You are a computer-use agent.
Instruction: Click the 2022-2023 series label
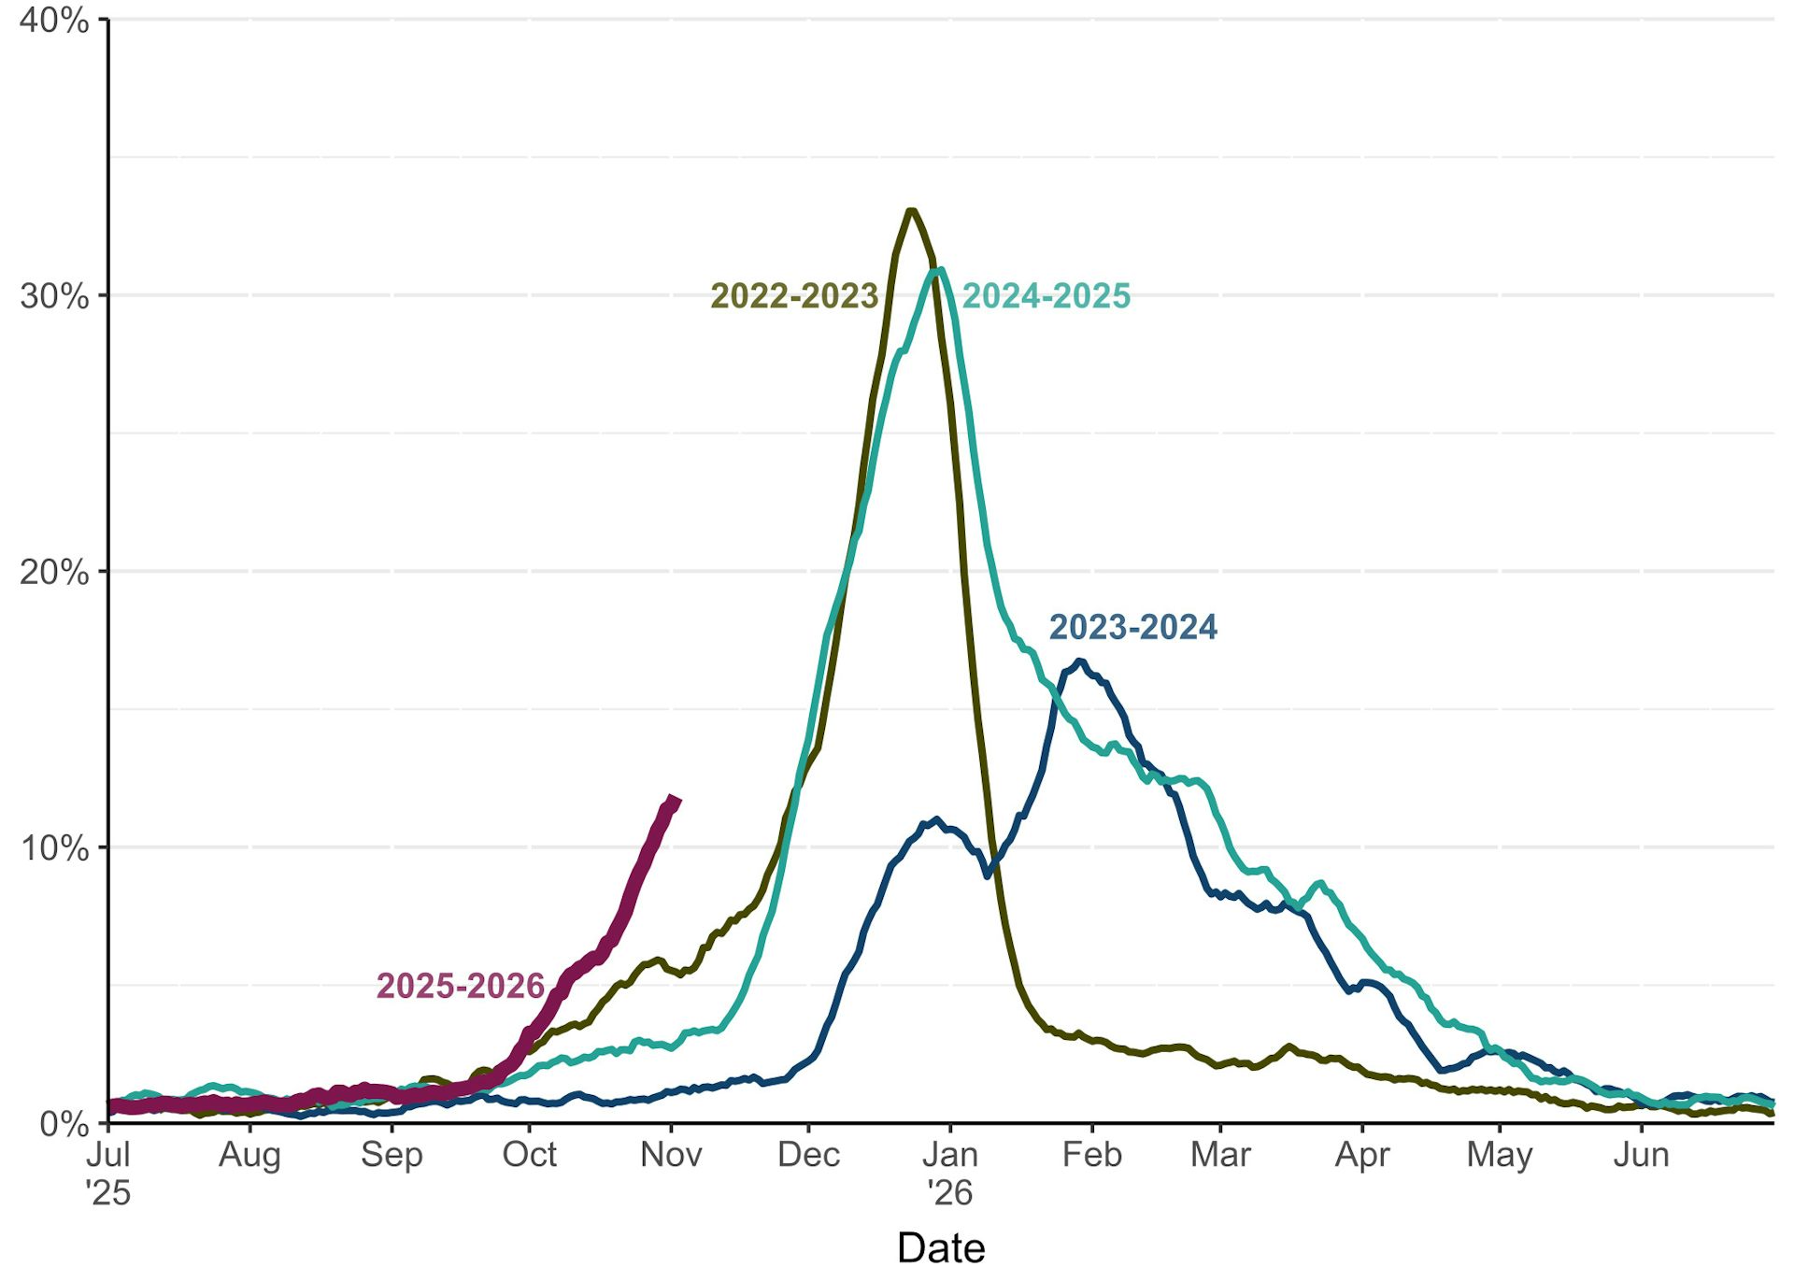[794, 296]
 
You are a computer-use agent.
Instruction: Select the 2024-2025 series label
[1046, 296]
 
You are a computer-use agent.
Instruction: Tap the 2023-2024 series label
[1132, 627]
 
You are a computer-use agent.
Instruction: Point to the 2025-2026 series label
[460, 986]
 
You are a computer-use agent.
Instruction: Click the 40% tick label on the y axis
[54, 21]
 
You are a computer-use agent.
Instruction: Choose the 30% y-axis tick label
[54, 296]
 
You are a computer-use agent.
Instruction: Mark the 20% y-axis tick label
[54, 572]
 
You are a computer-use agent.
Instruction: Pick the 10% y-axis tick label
[54, 848]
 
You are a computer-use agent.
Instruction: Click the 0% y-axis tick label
[64, 1123]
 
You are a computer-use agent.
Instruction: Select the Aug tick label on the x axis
[249, 1155]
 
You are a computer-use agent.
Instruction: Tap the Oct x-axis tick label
[529, 1155]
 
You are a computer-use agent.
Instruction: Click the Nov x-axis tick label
[671, 1155]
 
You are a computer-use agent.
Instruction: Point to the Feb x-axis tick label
[1091, 1155]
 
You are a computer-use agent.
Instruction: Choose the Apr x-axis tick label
[1362, 1155]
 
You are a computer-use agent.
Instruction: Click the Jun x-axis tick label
[1641, 1155]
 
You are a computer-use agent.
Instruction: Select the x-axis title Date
[941, 1248]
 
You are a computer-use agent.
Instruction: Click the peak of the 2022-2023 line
[911, 210]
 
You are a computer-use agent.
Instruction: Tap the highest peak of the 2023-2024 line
[1080, 662]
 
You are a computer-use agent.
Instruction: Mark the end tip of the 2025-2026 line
[675, 799]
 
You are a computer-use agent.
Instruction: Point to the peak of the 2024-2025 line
[939, 270]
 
